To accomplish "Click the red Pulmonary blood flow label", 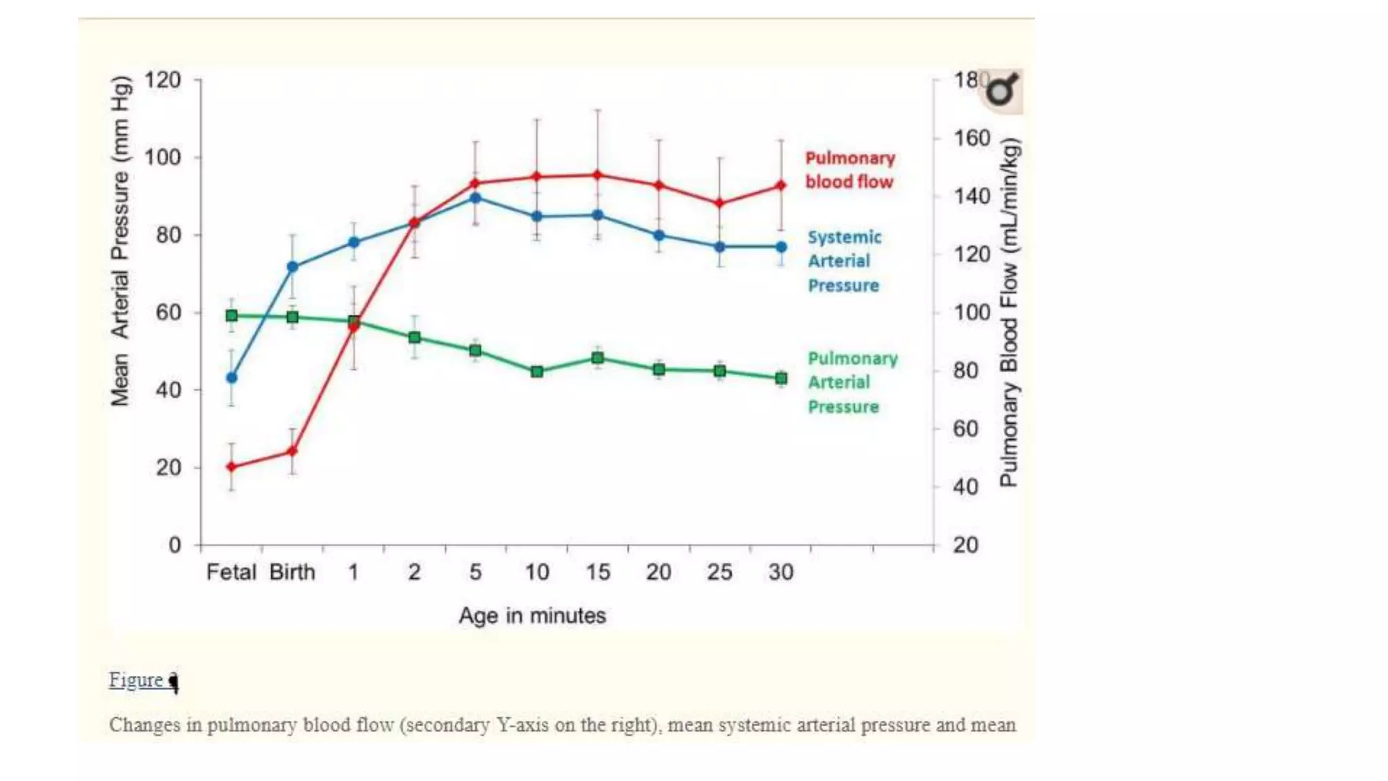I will [850, 170].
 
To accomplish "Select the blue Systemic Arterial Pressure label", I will [844, 262].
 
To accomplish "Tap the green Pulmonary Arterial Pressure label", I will [852, 382].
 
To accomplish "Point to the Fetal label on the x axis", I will [231, 572].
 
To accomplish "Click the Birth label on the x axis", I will [292, 572].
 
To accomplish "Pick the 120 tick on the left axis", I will [163, 80].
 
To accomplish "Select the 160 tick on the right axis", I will [972, 138].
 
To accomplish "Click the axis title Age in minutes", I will [532, 616].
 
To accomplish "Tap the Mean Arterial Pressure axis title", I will [120, 241].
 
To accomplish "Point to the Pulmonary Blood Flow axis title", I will [1009, 312].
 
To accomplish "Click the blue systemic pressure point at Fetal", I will [232, 378].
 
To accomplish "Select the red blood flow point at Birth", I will [293, 451].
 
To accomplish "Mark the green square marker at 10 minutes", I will [537, 372].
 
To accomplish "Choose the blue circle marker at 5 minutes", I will [476, 198].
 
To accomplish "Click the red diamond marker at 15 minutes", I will [598, 175].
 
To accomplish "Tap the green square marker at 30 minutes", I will [781, 378].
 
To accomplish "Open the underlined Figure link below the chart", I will [137, 680].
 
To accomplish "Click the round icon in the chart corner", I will [1002, 90].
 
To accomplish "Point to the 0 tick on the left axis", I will [175, 545].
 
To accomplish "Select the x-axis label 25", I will [720, 572].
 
